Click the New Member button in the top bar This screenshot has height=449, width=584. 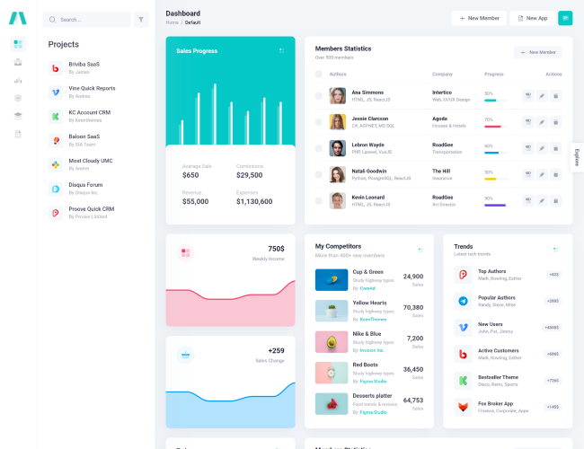click(478, 18)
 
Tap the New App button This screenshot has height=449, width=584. click(532, 18)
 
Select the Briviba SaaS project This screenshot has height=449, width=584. click(84, 65)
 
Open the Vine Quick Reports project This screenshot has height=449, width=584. click(92, 88)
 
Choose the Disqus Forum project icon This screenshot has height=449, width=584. click(55, 189)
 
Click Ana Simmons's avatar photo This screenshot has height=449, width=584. click(337, 95)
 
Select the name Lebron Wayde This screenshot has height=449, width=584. click(367, 145)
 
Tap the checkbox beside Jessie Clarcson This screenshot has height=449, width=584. click(318, 121)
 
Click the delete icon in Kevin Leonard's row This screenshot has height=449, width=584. click(555, 200)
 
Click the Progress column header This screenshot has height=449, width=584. click(494, 74)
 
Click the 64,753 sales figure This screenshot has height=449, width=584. click(413, 401)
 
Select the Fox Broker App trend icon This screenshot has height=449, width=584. click(463, 407)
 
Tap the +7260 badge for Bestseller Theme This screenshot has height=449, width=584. click(553, 380)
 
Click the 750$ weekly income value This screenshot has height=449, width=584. click(276, 249)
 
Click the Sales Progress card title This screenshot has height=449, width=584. click(197, 51)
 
